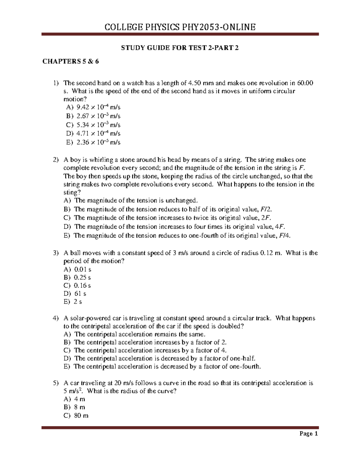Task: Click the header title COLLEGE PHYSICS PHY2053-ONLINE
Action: [180, 27]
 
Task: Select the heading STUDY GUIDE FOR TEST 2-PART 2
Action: [180, 48]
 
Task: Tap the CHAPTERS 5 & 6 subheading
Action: [70, 62]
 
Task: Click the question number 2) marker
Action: [55, 160]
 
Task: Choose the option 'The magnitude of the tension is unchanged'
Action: [136, 200]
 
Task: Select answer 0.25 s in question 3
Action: [82, 278]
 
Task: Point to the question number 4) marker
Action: [55, 318]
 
